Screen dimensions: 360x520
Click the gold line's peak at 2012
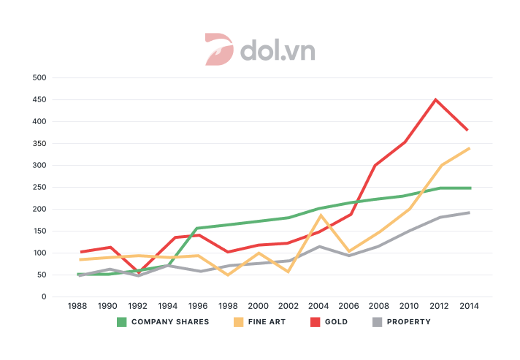436,100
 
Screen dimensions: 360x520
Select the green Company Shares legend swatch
122,321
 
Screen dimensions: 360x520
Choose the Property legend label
408,321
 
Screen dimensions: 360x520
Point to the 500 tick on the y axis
39,77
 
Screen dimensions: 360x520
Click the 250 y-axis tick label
39,187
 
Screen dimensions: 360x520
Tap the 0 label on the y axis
44,296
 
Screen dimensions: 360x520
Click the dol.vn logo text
277,50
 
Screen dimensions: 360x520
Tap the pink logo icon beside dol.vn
218,49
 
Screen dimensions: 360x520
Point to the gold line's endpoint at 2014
467,130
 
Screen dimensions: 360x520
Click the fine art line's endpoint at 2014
468,148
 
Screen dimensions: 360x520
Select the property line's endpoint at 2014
468,212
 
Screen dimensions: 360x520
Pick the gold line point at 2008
375,166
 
